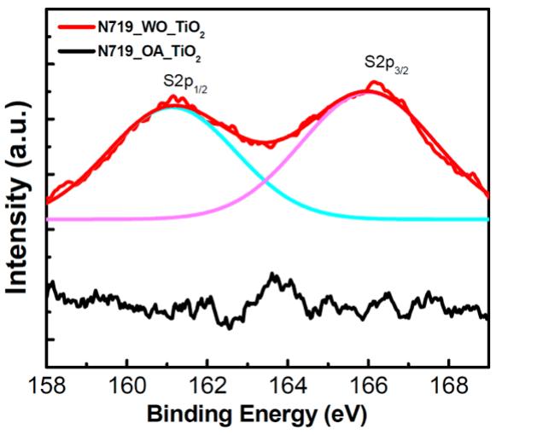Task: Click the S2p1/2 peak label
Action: (x=184, y=84)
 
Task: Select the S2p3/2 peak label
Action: (x=385, y=63)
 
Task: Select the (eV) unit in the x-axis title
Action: (x=345, y=415)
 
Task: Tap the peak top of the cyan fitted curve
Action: (x=174, y=107)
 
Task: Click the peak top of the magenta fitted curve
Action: (x=369, y=90)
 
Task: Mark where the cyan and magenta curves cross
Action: (x=266, y=181)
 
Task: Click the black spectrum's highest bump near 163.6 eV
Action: (x=273, y=275)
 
